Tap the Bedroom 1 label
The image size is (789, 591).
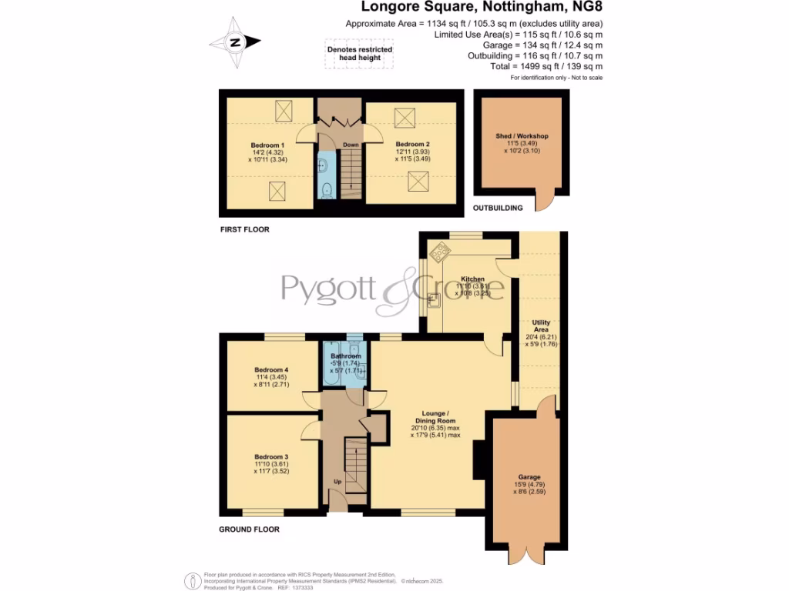pos(267,145)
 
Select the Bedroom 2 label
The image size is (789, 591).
pos(412,144)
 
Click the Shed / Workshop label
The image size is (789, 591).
pos(522,136)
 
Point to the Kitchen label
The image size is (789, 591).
pos(472,279)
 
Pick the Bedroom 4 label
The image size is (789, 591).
pos(271,370)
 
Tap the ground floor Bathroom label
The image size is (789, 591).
pos(346,356)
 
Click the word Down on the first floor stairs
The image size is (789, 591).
pos(351,144)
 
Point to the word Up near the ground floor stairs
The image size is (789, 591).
pos(337,482)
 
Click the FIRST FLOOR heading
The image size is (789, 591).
pos(244,229)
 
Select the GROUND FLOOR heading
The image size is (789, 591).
pos(249,529)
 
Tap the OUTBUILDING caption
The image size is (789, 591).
pos(498,208)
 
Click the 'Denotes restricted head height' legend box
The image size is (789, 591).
pos(360,55)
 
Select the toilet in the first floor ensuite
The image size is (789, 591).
pos(327,189)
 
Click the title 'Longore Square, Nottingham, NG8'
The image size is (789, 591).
pos(482,8)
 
